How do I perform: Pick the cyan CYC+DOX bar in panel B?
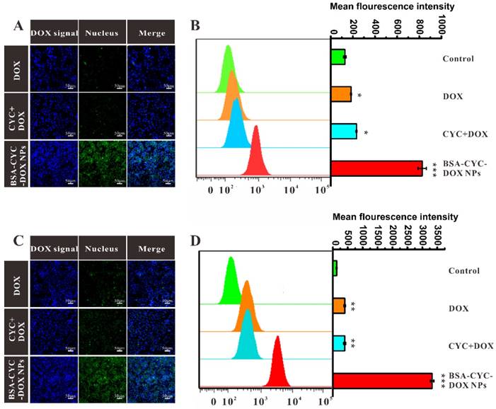[343, 132]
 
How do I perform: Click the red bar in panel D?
[382, 381]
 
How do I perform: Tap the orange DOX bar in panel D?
[339, 306]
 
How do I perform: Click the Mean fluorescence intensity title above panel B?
[392, 6]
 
